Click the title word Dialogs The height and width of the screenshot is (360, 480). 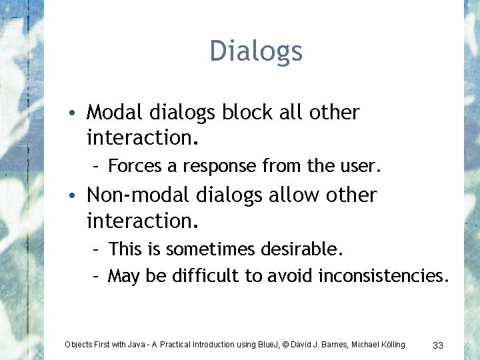pos(256,51)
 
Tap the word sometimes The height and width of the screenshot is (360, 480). pos(209,249)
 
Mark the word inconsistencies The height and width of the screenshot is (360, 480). pos(384,275)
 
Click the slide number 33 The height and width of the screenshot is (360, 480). pos(438,345)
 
